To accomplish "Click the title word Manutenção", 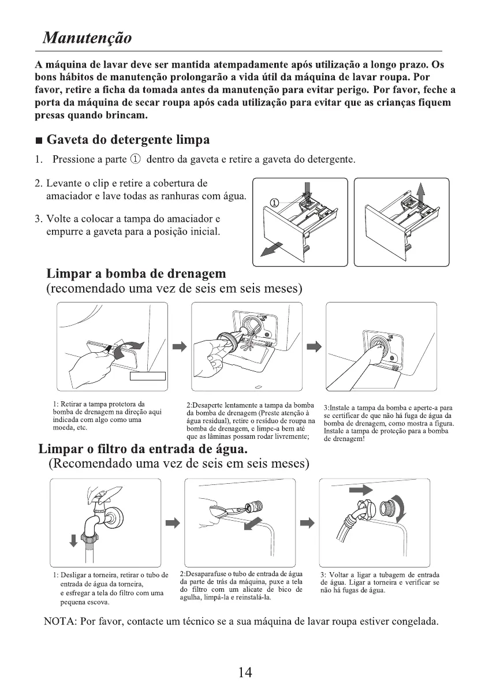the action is tap(87, 38).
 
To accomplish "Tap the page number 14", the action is tap(245, 672).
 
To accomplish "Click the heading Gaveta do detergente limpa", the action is tap(128, 140).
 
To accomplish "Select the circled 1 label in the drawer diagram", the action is tap(274, 203).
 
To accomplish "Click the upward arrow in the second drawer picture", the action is tap(420, 192).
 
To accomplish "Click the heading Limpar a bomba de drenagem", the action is tap(136, 274).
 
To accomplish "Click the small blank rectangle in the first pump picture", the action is tap(148, 376).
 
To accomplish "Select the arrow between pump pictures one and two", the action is tap(180, 347).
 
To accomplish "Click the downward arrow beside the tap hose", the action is tap(73, 540).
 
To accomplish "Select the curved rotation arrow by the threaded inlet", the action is tap(400, 508).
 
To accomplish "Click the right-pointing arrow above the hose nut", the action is tap(361, 489).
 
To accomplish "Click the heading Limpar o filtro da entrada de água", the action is tap(143, 449).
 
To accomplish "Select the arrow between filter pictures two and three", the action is tap(308, 522).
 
